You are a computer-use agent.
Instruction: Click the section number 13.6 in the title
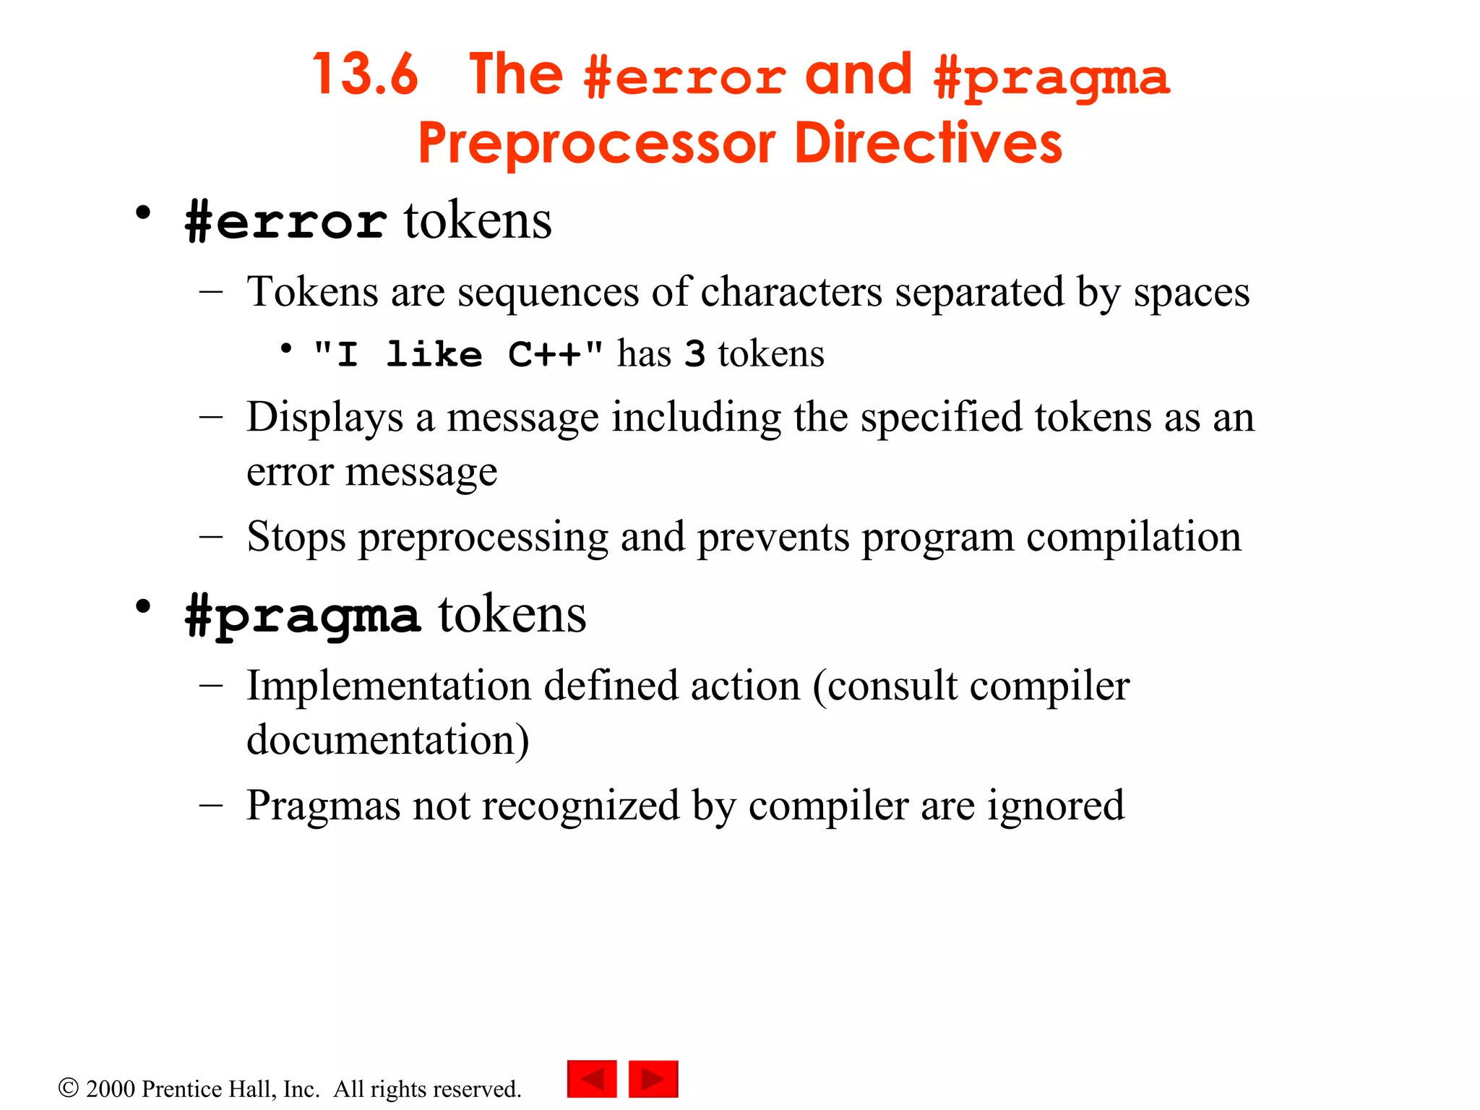[365, 74]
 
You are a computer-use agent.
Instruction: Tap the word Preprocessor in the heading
[596, 143]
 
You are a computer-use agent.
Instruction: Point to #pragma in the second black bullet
[302, 616]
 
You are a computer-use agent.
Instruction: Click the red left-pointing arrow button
[592, 1079]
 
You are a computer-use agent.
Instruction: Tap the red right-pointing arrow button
[653, 1079]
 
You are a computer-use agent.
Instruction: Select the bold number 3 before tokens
[694, 354]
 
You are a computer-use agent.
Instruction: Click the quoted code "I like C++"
[458, 354]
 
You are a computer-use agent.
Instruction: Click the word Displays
[324, 418]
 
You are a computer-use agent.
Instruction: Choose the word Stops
[296, 537]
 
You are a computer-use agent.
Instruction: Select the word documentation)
[387, 740]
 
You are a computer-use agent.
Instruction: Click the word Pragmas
[322, 806]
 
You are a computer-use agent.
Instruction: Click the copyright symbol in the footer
[69, 1088]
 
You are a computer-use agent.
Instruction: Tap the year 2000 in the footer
[111, 1089]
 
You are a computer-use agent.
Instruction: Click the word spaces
[1191, 293]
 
